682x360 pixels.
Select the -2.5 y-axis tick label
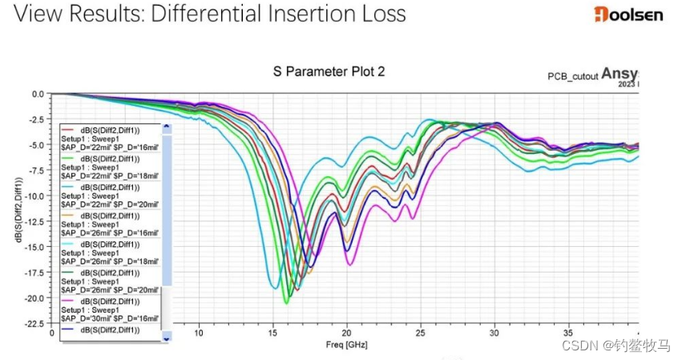[x=36, y=119]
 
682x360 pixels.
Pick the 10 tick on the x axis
[x=199, y=333]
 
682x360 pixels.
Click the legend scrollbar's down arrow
[x=167, y=338]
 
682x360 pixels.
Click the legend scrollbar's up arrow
[x=167, y=127]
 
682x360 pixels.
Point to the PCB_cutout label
[x=572, y=76]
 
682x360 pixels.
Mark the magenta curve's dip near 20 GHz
[x=349, y=264]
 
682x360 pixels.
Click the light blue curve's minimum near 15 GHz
[x=274, y=287]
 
